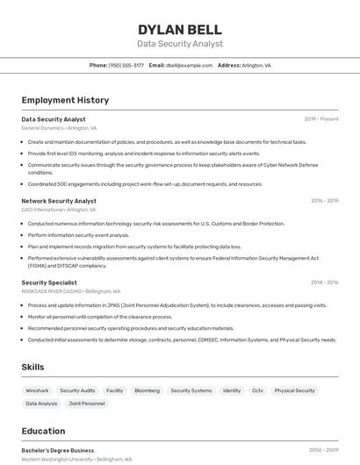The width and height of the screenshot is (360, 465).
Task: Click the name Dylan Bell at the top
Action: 179,30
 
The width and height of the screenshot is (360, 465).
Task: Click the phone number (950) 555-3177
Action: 126,65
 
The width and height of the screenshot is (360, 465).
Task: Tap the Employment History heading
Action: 65,100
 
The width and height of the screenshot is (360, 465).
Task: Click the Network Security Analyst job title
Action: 59,201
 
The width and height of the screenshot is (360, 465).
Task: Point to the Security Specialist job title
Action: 49,283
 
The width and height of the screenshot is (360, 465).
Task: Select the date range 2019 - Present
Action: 320,118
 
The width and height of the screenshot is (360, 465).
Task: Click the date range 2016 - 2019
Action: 324,201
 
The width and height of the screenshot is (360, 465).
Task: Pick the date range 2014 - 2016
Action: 324,283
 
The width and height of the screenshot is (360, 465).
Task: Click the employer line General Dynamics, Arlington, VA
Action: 59,128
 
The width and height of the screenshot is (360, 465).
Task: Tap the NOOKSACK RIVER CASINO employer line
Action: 70,291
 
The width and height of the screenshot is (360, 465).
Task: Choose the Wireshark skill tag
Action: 37,390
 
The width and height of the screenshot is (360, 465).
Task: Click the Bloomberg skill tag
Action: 147,390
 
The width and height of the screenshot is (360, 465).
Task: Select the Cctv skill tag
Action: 257,390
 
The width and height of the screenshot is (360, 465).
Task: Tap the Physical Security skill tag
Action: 294,390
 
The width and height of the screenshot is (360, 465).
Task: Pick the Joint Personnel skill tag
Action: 87,404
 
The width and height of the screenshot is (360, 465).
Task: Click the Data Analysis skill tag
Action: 41,404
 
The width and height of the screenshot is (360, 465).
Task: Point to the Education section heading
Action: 43,431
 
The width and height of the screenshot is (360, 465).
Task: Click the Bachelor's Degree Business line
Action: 57,450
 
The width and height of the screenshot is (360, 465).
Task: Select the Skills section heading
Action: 32,367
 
